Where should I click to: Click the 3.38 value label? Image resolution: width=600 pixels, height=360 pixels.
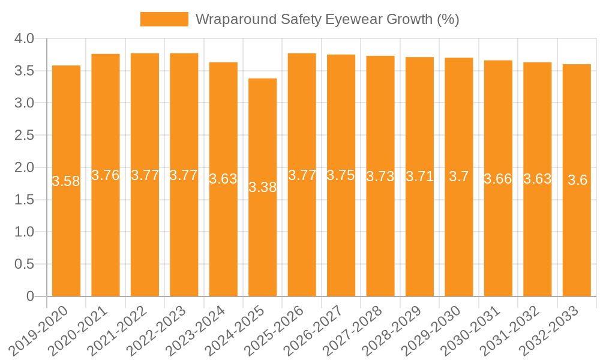click(x=263, y=187)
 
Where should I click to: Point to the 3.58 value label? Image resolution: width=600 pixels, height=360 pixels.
click(x=66, y=181)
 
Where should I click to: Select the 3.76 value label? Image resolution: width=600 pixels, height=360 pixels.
click(x=106, y=175)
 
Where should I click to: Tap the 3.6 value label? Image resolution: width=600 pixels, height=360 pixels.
click(x=577, y=180)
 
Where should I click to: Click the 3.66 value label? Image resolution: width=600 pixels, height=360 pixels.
click(x=498, y=179)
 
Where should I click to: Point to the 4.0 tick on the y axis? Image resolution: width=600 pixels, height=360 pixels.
click(x=25, y=39)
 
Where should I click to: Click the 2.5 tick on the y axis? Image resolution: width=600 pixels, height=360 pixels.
click(x=25, y=136)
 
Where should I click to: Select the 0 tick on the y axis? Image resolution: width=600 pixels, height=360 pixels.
click(x=31, y=296)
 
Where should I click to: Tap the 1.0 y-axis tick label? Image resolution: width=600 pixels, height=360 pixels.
click(x=25, y=232)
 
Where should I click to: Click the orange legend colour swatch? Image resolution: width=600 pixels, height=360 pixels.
click(x=164, y=19)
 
